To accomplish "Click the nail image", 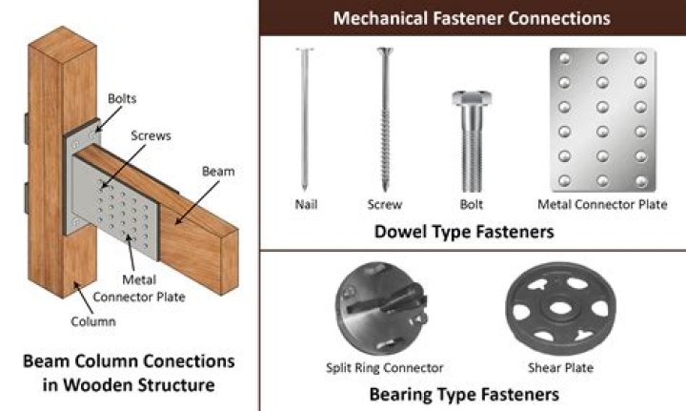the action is click(305, 119).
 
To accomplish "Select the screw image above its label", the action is click(385, 119).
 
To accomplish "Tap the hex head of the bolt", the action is click(472, 98).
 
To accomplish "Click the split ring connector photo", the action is click(381, 309).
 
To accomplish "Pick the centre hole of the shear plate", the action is click(560, 308).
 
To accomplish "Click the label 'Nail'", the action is click(306, 204).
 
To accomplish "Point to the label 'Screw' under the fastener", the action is click(385, 204).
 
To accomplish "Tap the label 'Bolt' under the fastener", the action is click(472, 204).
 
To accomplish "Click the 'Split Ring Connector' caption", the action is click(385, 368).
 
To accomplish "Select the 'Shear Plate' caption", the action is click(561, 368).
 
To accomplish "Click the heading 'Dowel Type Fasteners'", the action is click(464, 232).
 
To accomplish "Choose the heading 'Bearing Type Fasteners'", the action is click(464, 395).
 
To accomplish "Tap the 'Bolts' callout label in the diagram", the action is click(122, 98).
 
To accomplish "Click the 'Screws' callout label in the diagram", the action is click(151, 135).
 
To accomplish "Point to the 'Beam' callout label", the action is click(218, 171).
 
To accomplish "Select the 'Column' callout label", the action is click(93, 321).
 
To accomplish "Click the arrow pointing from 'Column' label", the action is click(84, 298).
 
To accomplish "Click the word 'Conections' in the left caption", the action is click(189, 361).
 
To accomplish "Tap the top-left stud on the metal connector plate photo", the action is click(564, 59).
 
